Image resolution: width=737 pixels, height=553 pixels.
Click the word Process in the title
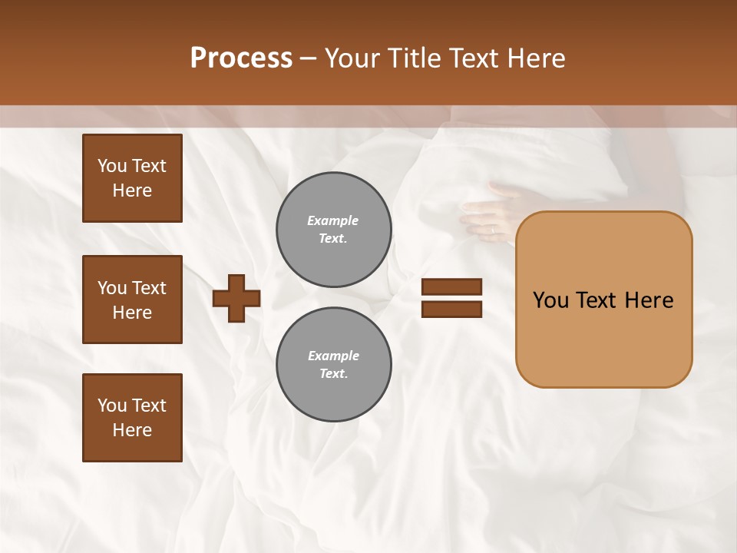[241, 58]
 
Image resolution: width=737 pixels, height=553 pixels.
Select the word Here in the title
[536, 58]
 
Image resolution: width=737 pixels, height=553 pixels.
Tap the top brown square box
[132, 178]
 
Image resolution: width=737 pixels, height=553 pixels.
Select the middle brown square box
[132, 300]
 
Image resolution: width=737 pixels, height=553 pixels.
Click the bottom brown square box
[132, 418]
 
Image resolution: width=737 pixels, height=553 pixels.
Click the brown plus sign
[236, 299]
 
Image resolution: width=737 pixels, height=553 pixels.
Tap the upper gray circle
[334, 230]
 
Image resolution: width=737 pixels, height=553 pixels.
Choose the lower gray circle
[334, 365]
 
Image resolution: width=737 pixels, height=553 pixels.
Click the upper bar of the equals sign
[452, 287]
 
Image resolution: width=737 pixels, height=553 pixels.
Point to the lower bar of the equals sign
[452, 310]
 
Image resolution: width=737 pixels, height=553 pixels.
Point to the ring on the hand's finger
[493, 229]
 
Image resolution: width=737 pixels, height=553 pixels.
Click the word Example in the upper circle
[333, 220]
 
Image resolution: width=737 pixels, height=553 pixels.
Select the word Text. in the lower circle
[333, 374]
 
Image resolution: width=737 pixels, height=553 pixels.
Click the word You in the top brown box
[112, 166]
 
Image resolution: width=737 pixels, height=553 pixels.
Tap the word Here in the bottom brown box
[132, 430]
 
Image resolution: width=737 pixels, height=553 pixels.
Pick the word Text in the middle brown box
[149, 288]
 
